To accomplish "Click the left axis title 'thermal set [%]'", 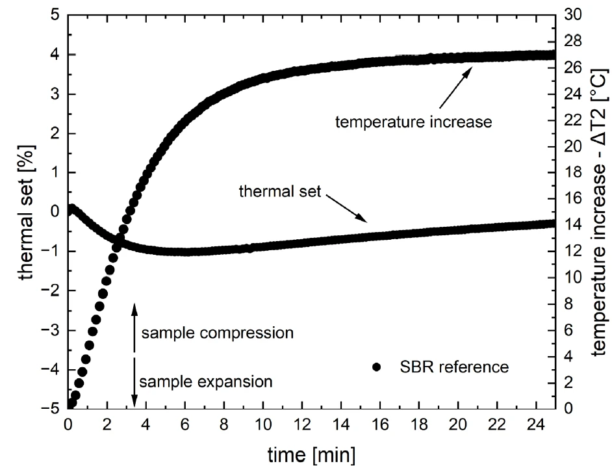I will pyautogui.click(x=27, y=211).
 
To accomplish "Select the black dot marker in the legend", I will pyautogui.click(x=376, y=367).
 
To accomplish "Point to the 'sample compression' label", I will pyautogui.click(x=218, y=333).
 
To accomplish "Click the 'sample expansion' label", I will pyautogui.click(x=205, y=381).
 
